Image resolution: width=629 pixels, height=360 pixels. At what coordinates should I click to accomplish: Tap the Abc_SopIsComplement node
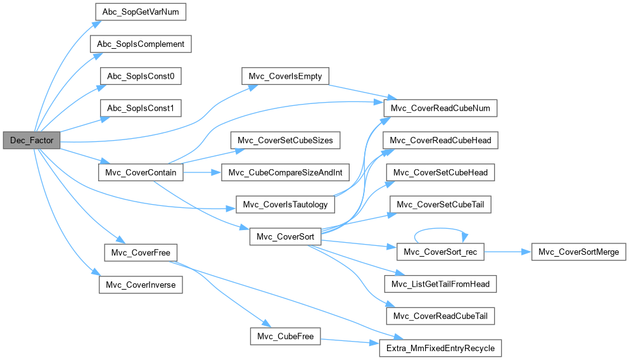click(x=141, y=44)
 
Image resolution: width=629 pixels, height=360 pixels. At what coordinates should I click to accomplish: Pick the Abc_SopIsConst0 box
click(x=141, y=77)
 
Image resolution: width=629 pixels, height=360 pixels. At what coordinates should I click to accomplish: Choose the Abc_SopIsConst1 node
click(x=141, y=109)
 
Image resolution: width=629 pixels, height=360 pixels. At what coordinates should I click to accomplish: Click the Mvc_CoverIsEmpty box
click(x=285, y=77)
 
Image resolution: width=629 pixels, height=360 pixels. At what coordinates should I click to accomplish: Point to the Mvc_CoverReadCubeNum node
click(x=440, y=108)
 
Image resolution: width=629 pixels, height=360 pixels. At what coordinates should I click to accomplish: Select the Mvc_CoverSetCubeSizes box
click(x=286, y=140)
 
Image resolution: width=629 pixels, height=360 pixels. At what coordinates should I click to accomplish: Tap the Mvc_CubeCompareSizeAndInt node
click(x=286, y=172)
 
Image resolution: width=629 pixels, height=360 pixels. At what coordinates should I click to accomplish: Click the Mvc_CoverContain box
click(x=141, y=172)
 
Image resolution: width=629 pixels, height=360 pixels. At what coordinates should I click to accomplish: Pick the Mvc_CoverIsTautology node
click(x=285, y=205)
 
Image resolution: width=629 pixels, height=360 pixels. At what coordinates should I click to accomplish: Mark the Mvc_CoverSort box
click(x=285, y=236)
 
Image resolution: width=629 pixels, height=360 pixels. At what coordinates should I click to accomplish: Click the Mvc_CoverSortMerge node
click(x=578, y=252)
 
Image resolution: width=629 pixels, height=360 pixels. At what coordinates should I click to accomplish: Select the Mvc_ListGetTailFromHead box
click(x=440, y=284)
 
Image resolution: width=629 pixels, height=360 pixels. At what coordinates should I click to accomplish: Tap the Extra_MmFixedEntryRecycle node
click(x=440, y=348)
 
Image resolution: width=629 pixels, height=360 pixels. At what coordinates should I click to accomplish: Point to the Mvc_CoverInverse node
click(x=141, y=285)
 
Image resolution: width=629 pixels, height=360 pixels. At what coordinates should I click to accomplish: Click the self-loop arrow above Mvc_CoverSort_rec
click(x=440, y=232)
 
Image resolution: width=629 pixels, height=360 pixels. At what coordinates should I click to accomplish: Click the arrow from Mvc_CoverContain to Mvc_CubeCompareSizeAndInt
click(x=203, y=172)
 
